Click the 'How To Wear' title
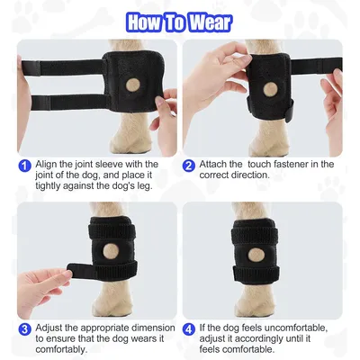(x=180, y=20)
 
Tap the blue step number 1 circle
(x=24, y=164)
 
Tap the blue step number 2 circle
(x=189, y=165)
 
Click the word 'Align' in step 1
(x=48, y=164)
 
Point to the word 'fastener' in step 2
(x=301, y=165)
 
